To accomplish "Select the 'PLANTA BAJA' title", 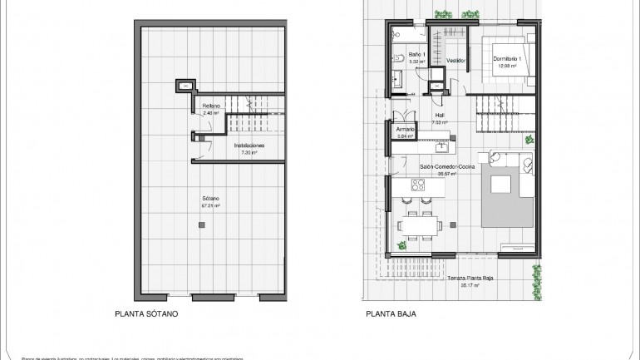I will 390,314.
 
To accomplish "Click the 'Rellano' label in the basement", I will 211,106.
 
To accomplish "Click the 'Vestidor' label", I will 455,61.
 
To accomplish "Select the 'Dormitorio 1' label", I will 506,58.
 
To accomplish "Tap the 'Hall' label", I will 440,116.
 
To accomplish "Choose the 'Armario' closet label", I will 406,130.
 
